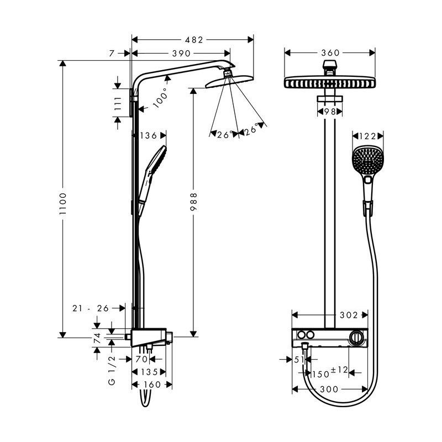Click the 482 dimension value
click(x=194, y=40)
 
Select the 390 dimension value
click(x=182, y=53)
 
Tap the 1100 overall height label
click(x=62, y=204)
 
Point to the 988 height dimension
click(x=193, y=202)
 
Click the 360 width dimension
click(x=330, y=52)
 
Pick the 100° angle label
click(x=161, y=98)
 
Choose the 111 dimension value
click(x=118, y=104)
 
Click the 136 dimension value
click(x=149, y=135)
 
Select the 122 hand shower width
click(x=367, y=136)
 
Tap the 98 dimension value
click(x=330, y=112)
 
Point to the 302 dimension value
click(x=349, y=315)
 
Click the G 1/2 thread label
click(x=112, y=370)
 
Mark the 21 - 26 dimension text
click(x=91, y=308)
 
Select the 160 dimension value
click(x=152, y=385)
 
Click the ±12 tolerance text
click(x=339, y=370)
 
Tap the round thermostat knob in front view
click(x=356, y=337)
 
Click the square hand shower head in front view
click(x=367, y=160)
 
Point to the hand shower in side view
click(x=151, y=180)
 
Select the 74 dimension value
click(x=97, y=338)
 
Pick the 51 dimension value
click(x=299, y=360)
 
